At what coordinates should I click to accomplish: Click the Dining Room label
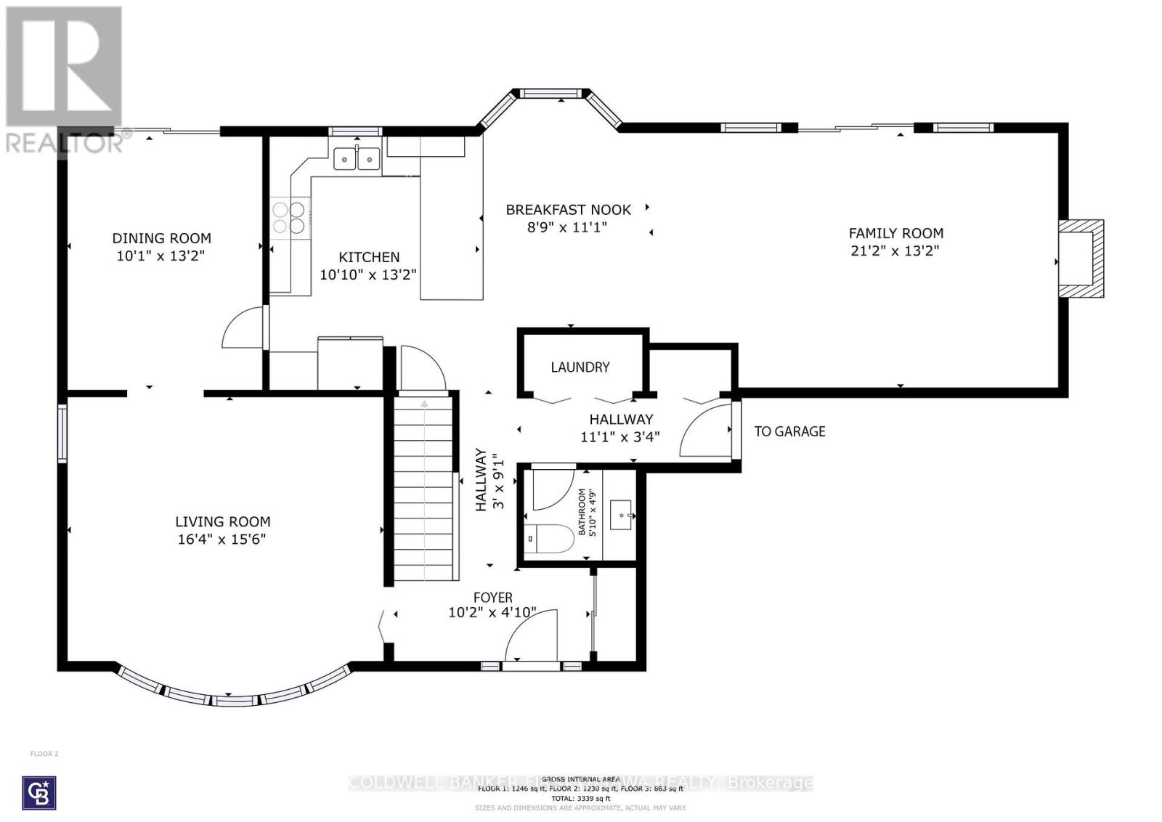pos(161,238)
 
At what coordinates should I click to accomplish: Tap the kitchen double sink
pos(357,158)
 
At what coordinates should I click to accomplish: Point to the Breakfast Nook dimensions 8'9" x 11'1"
pos(567,227)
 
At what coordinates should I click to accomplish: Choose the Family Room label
pos(895,233)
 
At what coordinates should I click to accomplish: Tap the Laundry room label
pos(580,367)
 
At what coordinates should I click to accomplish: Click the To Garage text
pos(789,431)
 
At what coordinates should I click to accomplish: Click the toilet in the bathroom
pos(549,539)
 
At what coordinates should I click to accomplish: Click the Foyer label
pos(492,598)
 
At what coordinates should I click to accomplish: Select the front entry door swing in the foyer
pos(531,637)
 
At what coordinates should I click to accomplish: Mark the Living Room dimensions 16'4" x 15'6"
pos(222,540)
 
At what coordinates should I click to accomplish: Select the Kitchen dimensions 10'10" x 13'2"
pos(368,274)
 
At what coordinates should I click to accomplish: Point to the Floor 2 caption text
pos(44,754)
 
